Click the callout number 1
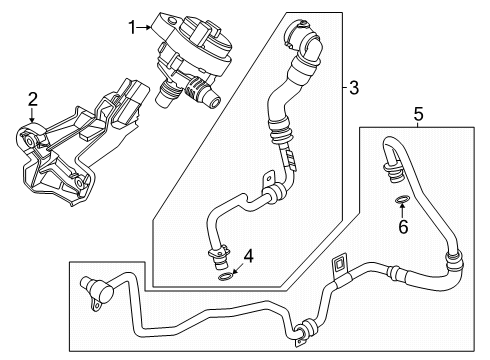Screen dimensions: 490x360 pyautogui.click(x=133, y=27)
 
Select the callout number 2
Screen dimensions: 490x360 pyautogui.click(x=33, y=99)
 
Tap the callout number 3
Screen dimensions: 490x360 pyautogui.click(x=354, y=88)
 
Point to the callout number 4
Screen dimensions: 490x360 pyautogui.click(x=249, y=257)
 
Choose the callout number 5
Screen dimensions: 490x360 pyautogui.click(x=418, y=114)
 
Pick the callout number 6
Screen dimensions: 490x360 pyautogui.click(x=403, y=227)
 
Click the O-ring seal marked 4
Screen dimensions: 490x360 pyautogui.click(x=225, y=276)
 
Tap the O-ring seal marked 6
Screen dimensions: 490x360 pyautogui.click(x=402, y=200)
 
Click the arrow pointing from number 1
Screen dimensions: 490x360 pyautogui.click(x=145, y=28)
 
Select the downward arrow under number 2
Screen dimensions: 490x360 pyautogui.click(x=32, y=114)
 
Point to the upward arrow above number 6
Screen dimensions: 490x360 pyautogui.click(x=402, y=211)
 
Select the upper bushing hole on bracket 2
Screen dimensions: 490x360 pyautogui.click(x=29, y=142)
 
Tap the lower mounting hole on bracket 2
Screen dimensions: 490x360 pyautogui.click(x=79, y=183)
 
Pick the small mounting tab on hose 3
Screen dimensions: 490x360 pyautogui.click(x=269, y=179)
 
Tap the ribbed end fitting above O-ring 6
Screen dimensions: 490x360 pyautogui.click(x=393, y=172)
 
